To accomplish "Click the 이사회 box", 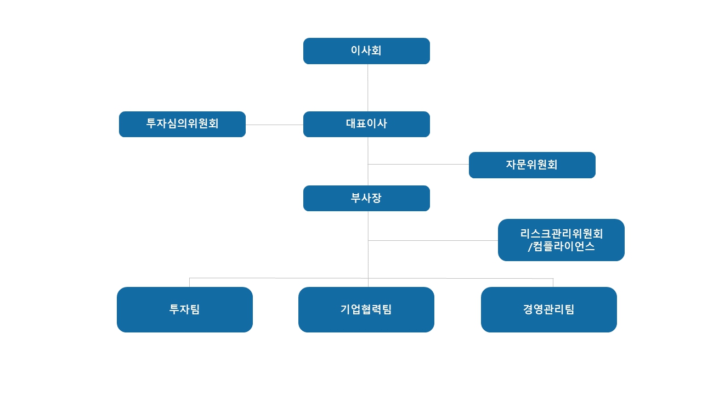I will (366, 51).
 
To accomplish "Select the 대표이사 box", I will (366, 124).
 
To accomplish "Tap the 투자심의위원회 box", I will (182, 124).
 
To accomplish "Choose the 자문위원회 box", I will (532, 165).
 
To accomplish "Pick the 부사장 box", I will (366, 198).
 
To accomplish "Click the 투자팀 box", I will (185, 309).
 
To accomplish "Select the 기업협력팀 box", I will (366, 309).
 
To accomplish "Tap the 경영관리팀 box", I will (549, 309).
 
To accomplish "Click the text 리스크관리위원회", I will (561, 234).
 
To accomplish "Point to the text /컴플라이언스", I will (561, 246).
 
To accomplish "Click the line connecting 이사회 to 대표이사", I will (368, 88).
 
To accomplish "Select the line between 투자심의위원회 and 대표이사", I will (274, 125).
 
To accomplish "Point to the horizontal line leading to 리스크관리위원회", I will (433, 240).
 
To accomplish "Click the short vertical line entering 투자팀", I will (190, 283).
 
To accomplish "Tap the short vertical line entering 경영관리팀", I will (553, 283).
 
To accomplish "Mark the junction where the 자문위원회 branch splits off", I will (368, 164).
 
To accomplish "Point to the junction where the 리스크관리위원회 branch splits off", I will (368, 240).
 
